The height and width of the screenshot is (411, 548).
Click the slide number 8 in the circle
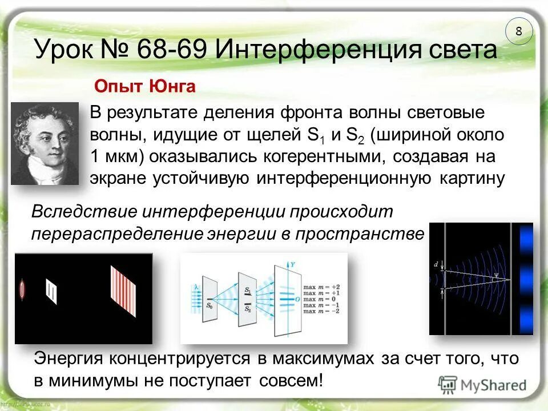(x=518, y=32)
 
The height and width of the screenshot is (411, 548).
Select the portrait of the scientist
(x=44, y=143)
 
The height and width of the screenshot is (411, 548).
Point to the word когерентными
(x=323, y=156)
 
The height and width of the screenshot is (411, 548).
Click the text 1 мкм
(x=112, y=156)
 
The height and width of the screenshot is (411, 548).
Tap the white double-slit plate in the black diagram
(x=51, y=291)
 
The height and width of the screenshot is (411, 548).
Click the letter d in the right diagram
(x=436, y=264)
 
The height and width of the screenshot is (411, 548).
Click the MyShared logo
(x=482, y=384)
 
